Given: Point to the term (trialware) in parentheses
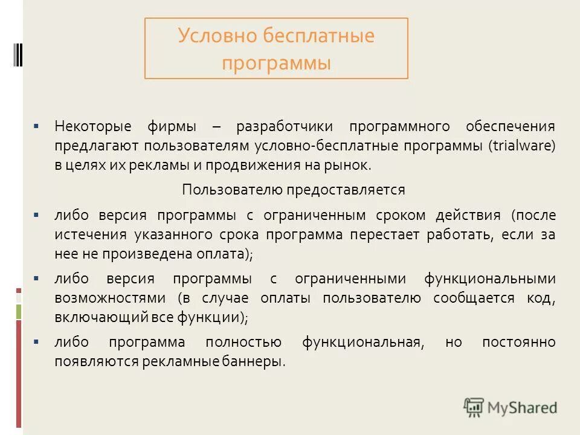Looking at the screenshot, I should [x=522, y=146].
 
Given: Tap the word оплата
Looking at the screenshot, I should [x=226, y=254].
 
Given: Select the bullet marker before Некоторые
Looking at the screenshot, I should [x=37, y=127].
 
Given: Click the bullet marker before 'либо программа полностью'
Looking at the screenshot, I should [x=37, y=343].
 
